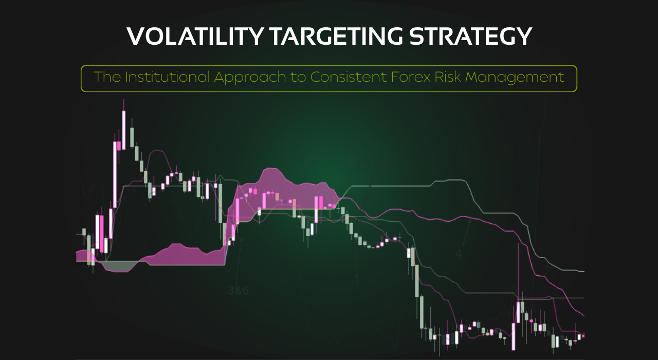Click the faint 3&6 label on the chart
coord(238,290)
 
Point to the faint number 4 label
coord(459,254)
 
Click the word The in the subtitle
coord(106,78)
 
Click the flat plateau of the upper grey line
coord(391,186)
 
